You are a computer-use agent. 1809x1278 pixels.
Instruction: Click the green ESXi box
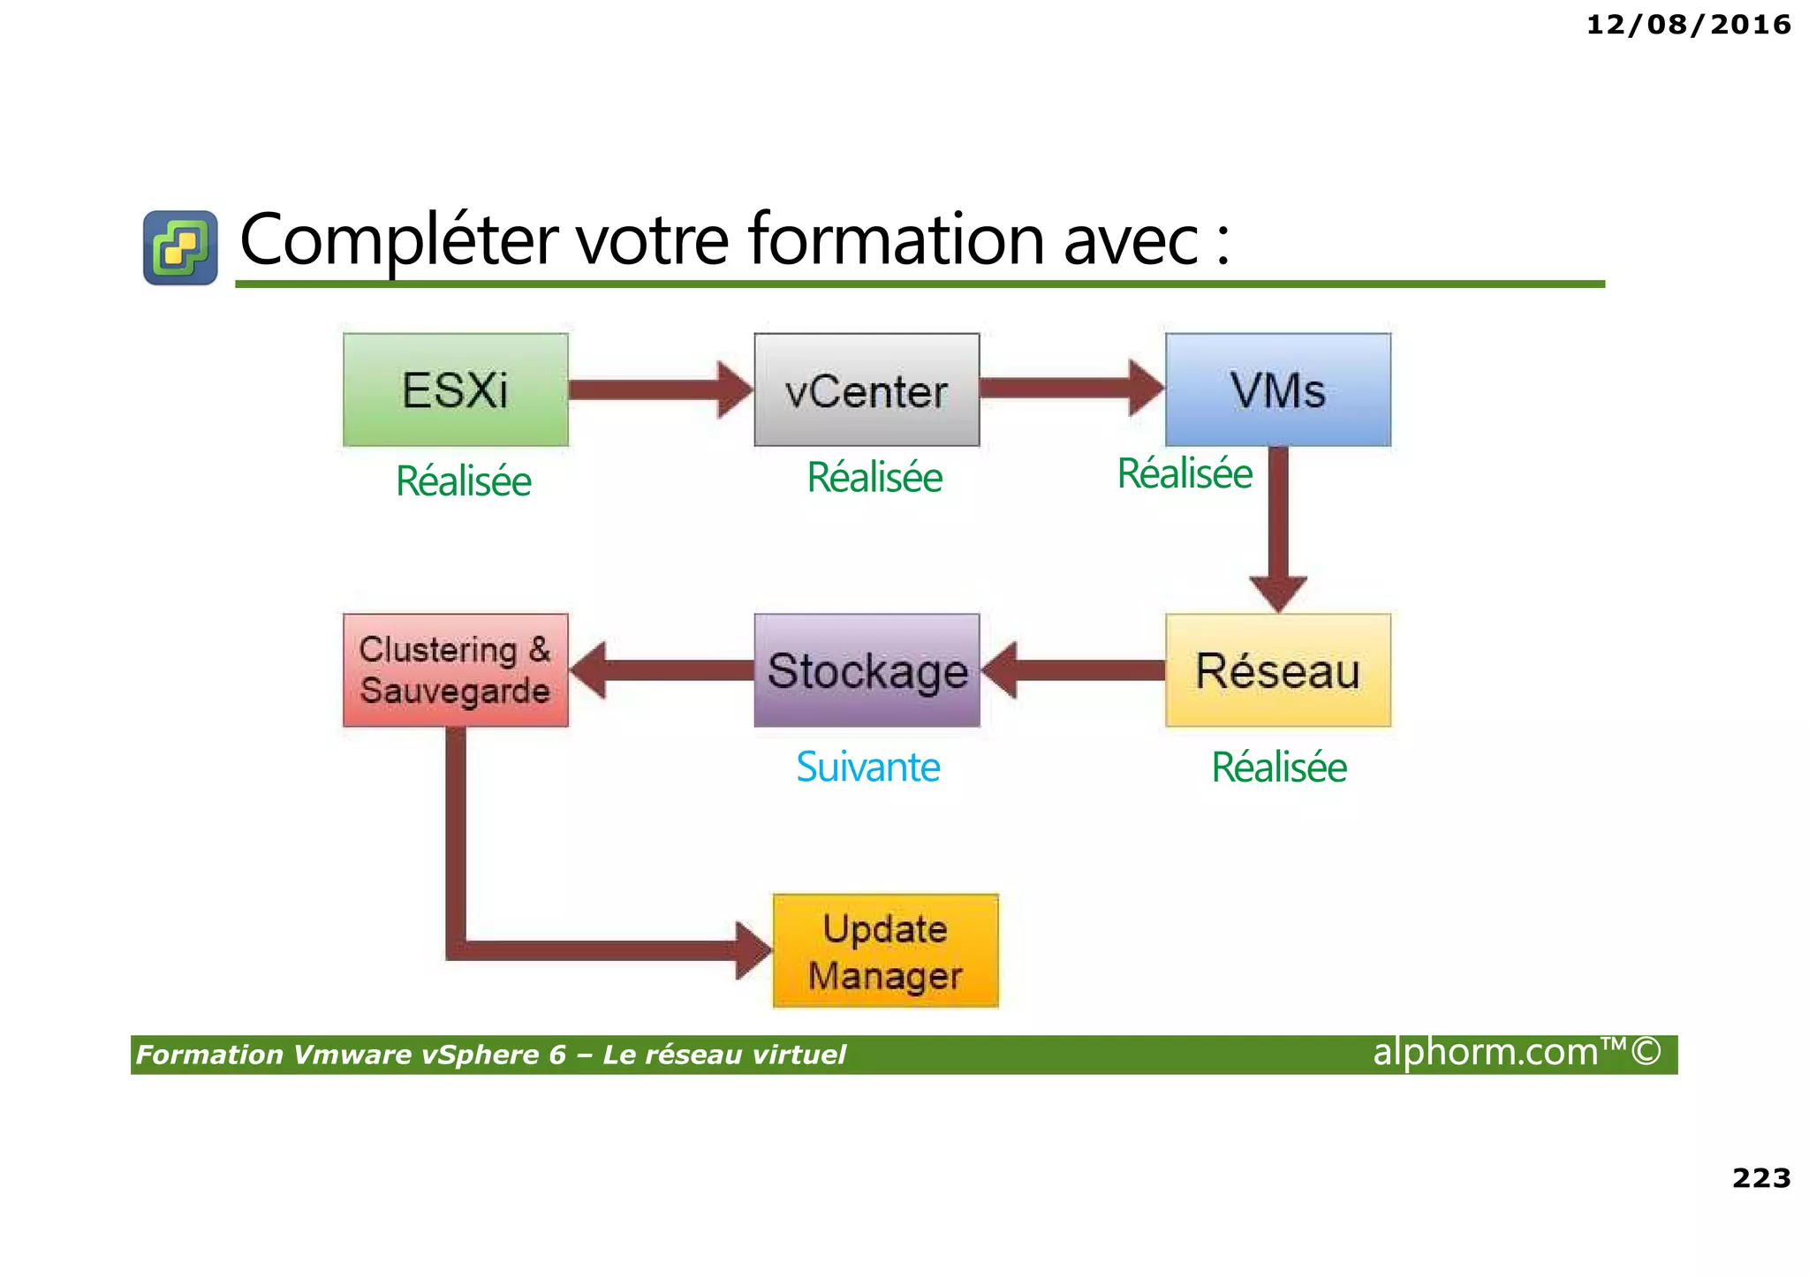[455, 389]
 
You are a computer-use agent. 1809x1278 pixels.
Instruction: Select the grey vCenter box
[867, 389]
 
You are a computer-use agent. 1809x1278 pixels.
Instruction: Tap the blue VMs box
[1277, 389]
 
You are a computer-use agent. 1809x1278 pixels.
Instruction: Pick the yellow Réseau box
[1277, 670]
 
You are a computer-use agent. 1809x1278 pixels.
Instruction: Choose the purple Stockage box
[867, 670]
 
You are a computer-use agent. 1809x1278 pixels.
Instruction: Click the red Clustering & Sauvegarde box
[455, 670]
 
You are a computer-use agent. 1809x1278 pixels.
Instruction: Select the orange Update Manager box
[885, 950]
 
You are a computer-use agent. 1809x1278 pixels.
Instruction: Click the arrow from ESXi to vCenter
[658, 389]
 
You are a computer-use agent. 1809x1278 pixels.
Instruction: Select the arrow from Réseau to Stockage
[1073, 670]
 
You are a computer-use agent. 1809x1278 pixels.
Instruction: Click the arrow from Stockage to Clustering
[662, 670]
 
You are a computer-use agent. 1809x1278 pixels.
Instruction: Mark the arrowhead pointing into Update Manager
[753, 950]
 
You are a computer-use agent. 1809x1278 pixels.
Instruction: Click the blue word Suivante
[867, 767]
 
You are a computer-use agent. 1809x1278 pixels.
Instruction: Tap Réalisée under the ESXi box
[463, 481]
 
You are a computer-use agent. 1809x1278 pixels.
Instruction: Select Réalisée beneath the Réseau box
[1278, 767]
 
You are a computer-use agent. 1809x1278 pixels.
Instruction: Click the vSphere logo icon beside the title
[180, 247]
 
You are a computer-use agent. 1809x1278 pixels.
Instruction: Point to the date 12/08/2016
[1688, 25]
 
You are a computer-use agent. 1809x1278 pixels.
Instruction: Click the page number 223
[1760, 1177]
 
